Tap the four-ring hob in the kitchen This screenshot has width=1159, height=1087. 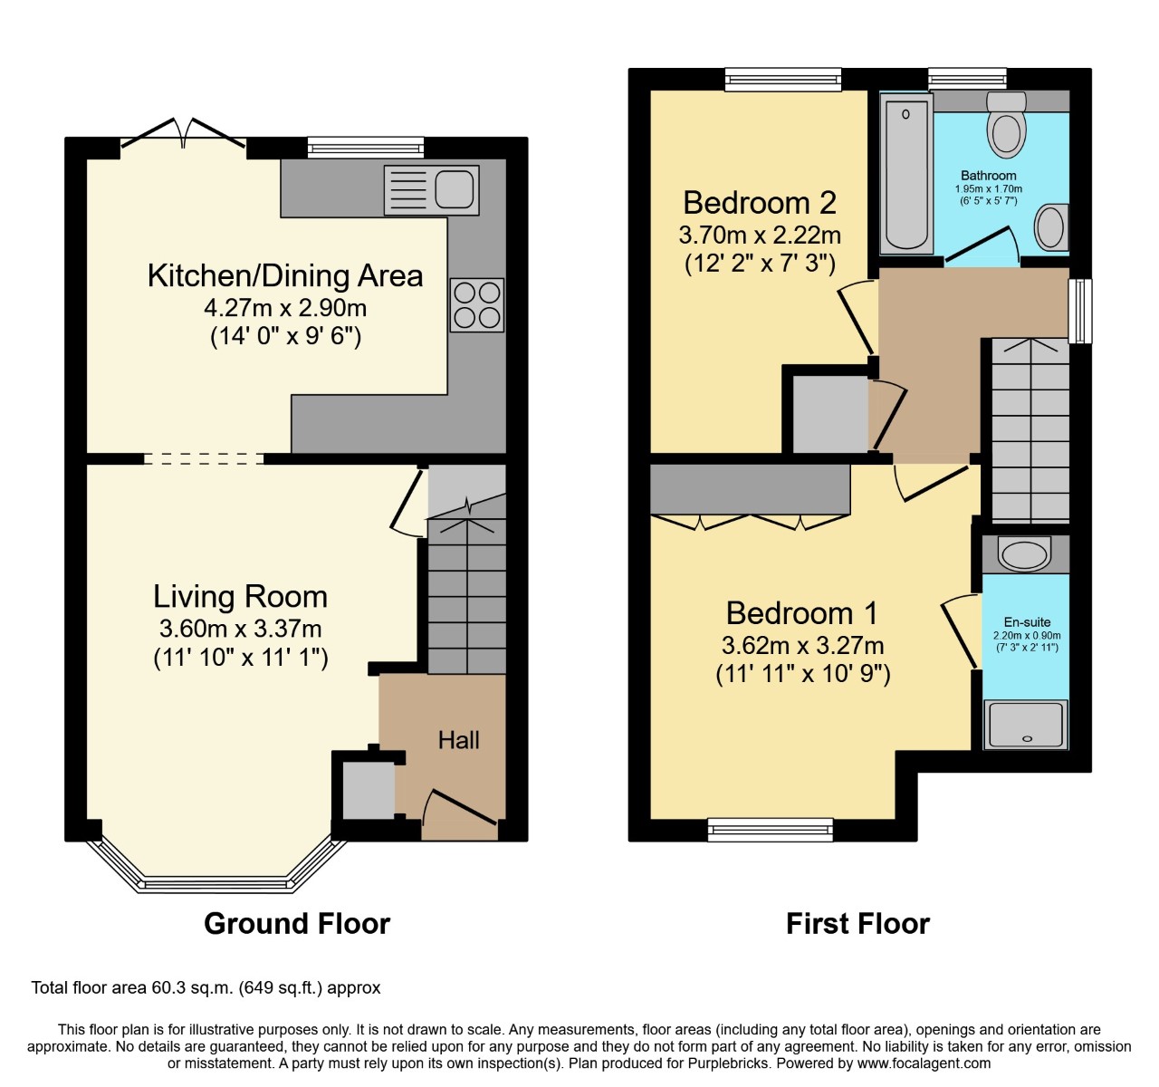[x=477, y=304]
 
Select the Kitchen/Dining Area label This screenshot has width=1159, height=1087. [x=285, y=275]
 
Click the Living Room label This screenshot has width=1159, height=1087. [x=240, y=596]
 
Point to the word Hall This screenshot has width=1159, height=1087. [x=459, y=740]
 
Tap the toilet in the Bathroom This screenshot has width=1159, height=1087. [x=1006, y=127]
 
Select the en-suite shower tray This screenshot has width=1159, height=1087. [x=1027, y=724]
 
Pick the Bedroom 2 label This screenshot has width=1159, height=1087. [x=759, y=202]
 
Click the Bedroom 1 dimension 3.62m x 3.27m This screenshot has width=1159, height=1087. [x=802, y=646]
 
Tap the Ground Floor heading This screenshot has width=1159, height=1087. [x=297, y=923]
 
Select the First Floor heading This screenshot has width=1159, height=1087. [x=857, y=923]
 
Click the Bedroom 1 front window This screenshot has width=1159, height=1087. [x=771, y=829]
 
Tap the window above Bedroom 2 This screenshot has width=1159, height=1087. [x=783, y=80]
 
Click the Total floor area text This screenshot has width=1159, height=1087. [x=206, y=987]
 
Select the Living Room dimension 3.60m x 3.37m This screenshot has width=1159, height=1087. [x=240, y=629]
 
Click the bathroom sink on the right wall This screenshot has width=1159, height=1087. [x=1051, y=227]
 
